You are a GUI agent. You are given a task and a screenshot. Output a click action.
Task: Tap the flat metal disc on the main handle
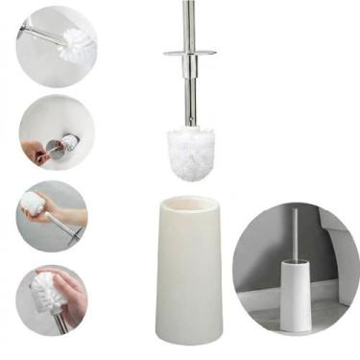[188, 53]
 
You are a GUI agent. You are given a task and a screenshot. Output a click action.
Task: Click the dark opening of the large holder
[189, 207]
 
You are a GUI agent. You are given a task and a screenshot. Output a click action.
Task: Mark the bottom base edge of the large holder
[187, 340]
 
